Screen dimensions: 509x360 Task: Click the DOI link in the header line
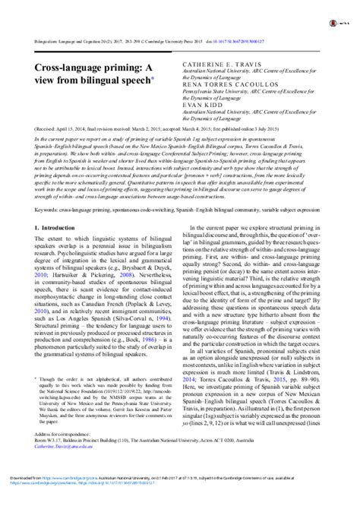click(x=289, y=46)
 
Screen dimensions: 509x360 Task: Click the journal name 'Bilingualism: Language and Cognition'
click(x=62, y=46)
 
